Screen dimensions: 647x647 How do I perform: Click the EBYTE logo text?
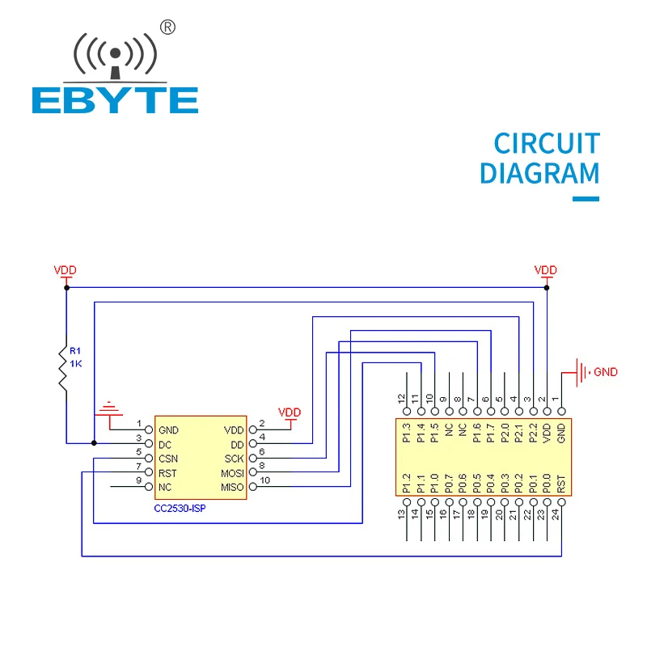click(x=115, y=99)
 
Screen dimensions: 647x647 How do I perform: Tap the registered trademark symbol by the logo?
click(x=168, y=27)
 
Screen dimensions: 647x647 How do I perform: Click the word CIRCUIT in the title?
click(x=547, y=144)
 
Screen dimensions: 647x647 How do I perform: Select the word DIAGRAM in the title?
click(x=539, y=174)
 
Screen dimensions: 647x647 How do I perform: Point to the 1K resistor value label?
click(x=75, y=363)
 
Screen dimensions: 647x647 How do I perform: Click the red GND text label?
click(x=605, y=373)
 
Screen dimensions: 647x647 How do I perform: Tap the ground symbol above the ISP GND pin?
click(x=108, y=409)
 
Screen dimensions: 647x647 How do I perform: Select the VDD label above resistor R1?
click(x=65, y=270)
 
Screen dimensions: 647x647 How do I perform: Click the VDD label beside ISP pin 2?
click(x=289, y=412)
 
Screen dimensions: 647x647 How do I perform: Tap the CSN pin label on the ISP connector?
click(x=168, y=459)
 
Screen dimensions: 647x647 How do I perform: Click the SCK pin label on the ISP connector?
click(x=234, y=459)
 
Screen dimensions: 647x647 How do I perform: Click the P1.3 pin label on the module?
click(x=407, y=433)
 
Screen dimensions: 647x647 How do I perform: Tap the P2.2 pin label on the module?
click(x=532, y=433)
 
